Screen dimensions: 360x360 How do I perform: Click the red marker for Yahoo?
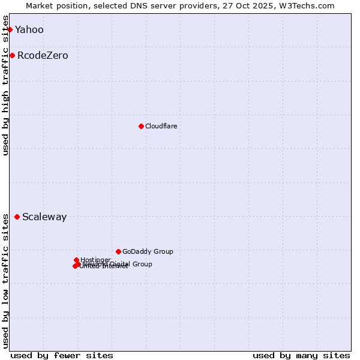tap(10, 29)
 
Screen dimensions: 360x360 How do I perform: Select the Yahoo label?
tap(29, 30)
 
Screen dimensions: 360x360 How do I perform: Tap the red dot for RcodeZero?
tap(12, 56)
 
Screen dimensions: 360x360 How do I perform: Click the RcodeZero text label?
tap(43, 56)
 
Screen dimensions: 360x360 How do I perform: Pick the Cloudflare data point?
tap(141, 126)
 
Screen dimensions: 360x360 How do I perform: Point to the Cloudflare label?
tap(161, 126)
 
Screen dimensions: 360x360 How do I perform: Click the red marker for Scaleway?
tap(17, 217)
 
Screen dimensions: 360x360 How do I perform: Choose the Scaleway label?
tap(44, 217)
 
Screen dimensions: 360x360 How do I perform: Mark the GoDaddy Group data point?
tap(118, 251)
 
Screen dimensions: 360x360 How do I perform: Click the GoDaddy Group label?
tap(148, 252)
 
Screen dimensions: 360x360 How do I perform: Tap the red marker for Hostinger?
tap(76, 260)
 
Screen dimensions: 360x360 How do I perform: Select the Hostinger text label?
tap(95, 260)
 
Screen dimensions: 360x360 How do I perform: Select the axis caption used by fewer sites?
tap(62, 355)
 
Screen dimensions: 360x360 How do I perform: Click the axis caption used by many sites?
tap(301, 355)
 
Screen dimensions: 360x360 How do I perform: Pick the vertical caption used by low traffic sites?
tap(6, 281)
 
